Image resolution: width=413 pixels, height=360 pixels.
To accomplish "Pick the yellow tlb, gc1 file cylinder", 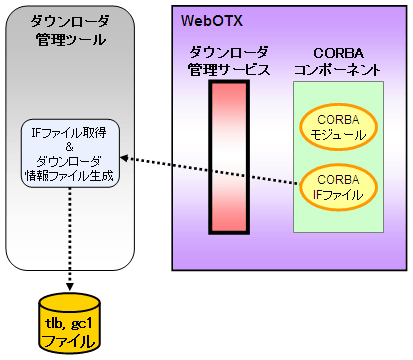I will tap(69, 321).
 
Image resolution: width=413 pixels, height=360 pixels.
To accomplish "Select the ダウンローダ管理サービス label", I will tap(228, 60).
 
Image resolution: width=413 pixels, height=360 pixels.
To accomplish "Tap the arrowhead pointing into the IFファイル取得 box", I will tap(123, 158).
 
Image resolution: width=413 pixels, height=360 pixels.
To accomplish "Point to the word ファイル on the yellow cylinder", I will tap(69, 341).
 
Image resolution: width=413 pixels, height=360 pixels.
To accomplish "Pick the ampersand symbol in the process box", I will tap(70, 147).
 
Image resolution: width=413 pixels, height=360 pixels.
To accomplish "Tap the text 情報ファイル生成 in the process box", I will tap(70, 176).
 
